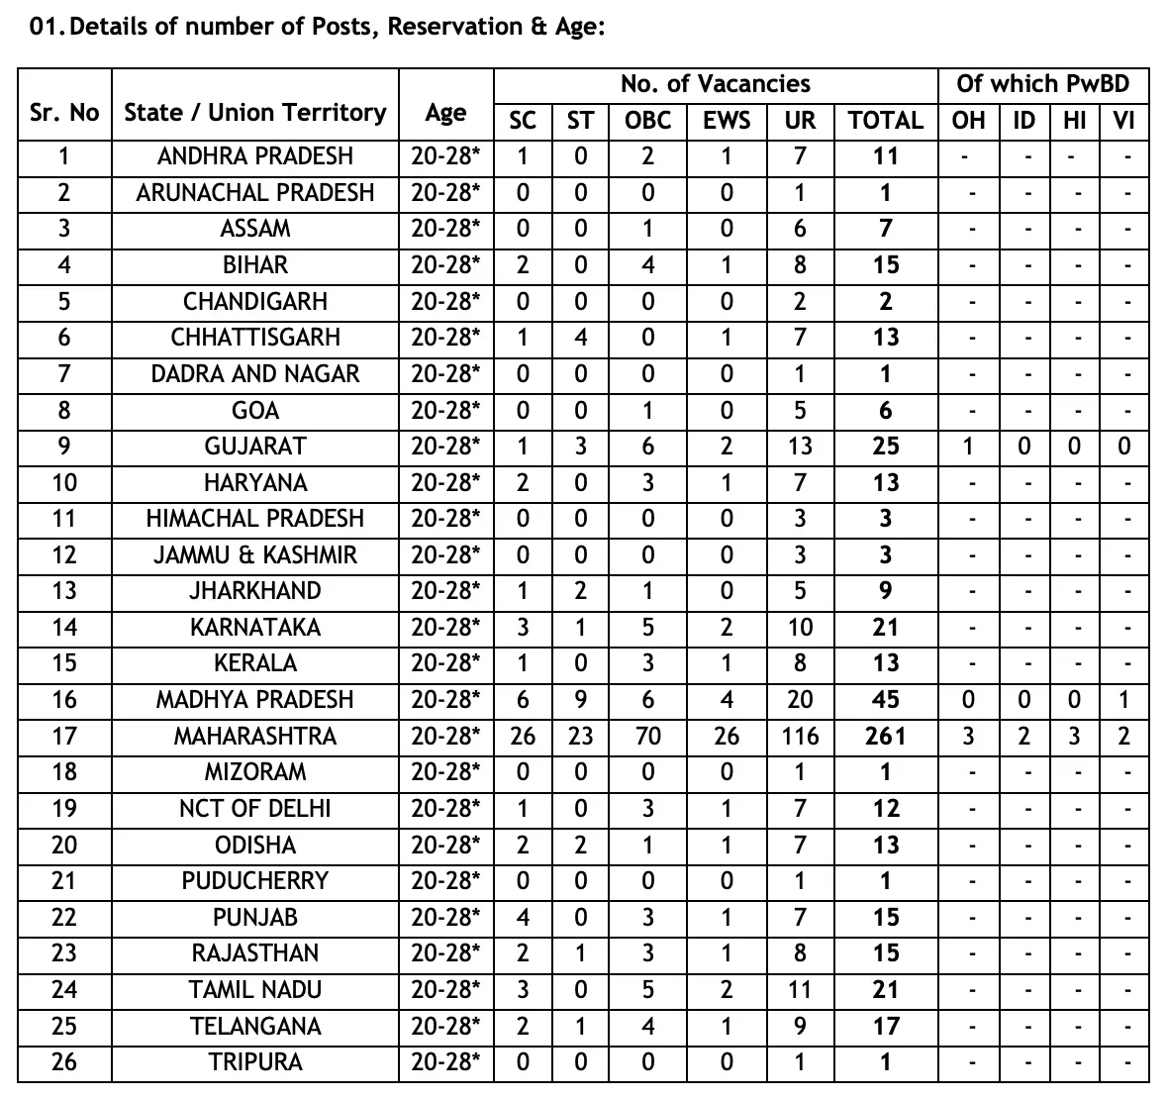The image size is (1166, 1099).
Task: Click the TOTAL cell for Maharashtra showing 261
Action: (x=885, y=736)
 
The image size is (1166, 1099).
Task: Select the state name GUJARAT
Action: (x=255, y=446)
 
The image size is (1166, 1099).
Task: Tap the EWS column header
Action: (x=727, y=121)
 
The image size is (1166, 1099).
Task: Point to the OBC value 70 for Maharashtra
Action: (x=647, y=736)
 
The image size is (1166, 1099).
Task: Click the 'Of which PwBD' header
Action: (x=1042, y=84)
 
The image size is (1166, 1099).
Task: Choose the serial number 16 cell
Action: (x=64, y=700)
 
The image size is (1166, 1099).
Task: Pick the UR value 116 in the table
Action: (x=800, y=736)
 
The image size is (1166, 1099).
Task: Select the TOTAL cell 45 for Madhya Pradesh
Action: (x=885, y=700)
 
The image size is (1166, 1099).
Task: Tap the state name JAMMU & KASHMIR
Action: (x=255, y=554)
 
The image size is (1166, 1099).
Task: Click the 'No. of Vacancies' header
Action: (x=715, y=84)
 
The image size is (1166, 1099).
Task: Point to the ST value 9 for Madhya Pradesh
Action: (x=580, y=700)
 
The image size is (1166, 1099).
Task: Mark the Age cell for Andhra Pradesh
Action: (x=445, y=155)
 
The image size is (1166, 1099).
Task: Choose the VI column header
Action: (x=1123, y=121)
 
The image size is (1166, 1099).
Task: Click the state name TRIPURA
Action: (x=255, y=1062)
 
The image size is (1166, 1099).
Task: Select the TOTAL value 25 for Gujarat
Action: (x=885, y=446)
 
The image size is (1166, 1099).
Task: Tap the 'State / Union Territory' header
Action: (x=255, y=112)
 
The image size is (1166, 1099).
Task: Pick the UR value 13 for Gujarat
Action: (x=800, y=446)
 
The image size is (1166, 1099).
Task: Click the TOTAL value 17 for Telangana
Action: (x=885, y=1026)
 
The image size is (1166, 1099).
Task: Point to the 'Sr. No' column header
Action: (x=64, y=112)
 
